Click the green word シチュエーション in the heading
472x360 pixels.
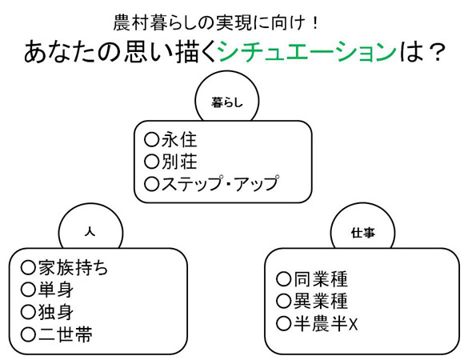(x=306, y=51)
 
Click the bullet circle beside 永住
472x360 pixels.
(x=151, y=140)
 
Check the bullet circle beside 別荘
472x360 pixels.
(x=151, y=162)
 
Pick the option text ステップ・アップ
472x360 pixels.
(x=220, y=183)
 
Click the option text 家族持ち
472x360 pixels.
(x=73, y=267)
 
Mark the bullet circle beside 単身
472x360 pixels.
(x=28, y=290)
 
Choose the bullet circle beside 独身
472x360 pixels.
(x=28, y=312)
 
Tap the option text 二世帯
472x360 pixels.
(x=66, y=334)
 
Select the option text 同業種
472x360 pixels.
(x=321, y=279)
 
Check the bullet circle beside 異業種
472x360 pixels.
(x=283, y=302)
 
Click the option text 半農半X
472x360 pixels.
(x=326, y=323)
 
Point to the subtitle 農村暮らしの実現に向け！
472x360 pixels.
(x=215, y=23)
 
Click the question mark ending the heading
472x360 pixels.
(x=436, y=52)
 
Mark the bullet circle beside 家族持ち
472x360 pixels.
(x=28, y=267)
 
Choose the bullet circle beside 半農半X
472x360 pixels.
(x=283, y=323)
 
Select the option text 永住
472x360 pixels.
(x=179, y=140)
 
